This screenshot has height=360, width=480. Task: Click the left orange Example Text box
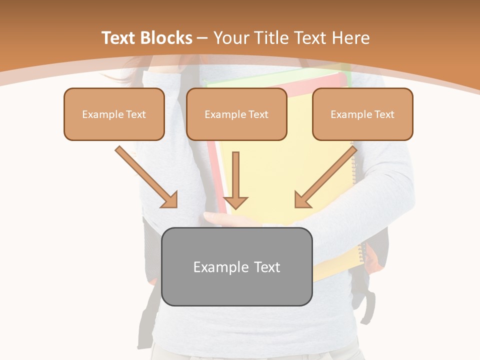click(x=114, y=114)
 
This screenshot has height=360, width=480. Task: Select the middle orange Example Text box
click(x=236, y=114)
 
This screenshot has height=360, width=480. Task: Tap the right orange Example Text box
click(x=362, y=114)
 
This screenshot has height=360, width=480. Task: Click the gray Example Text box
click(x=236, y=266)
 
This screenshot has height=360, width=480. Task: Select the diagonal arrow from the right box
click(x=328, y=174)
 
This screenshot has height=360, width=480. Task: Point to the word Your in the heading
click(x=230, y=38)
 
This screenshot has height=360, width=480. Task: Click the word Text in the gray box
click(x=267, y=267)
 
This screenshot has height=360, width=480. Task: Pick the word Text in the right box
click(x=384, y=114)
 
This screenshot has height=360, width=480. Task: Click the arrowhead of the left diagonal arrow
click(x=170, y=200)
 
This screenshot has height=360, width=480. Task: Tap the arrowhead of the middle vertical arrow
click(x=235, y=202)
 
